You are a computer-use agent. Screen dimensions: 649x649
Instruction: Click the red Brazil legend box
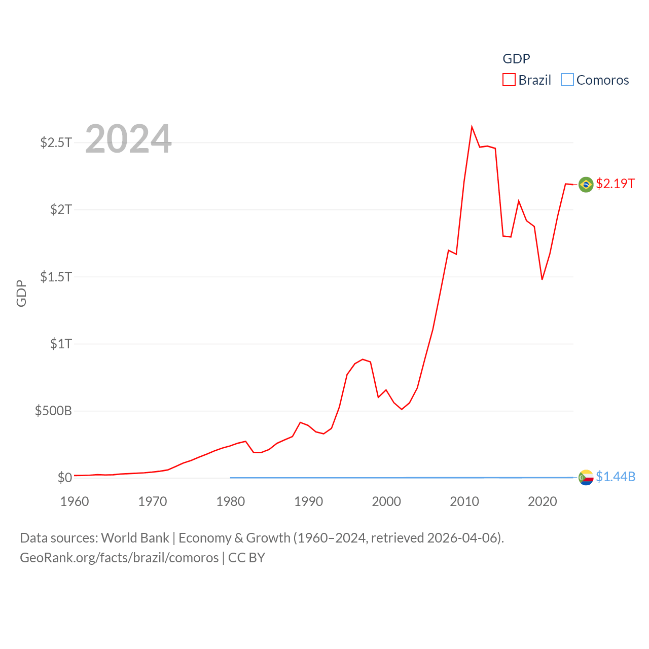point(509,80)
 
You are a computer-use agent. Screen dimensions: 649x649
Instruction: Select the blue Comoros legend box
point(567,80)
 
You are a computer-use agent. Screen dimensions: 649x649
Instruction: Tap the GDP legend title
point(516,59)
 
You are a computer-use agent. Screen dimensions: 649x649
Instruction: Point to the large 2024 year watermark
point(128,139)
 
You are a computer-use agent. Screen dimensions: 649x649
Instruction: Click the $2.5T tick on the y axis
point(56,142)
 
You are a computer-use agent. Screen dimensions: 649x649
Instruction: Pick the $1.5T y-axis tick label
point(56,277)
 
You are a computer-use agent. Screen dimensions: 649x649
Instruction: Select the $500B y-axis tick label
point(53,411)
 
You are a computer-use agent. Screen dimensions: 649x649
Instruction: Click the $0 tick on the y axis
point(65,478)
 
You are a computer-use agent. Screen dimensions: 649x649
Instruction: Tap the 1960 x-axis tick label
point(75,502)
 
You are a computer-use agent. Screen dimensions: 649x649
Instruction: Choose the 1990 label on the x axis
point(308,502)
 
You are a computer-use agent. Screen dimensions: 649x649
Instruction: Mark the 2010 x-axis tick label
point(464,502)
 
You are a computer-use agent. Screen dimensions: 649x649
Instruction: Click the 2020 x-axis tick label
point(543,502)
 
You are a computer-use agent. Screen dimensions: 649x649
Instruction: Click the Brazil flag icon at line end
point(586,185)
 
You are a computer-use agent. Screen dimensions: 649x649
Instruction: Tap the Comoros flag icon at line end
point(586,478)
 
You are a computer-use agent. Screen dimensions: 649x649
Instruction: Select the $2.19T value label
point(615,184)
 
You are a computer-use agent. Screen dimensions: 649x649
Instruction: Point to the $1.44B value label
point(616,477)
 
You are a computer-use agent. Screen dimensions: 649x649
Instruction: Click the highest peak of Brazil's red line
point(472,127)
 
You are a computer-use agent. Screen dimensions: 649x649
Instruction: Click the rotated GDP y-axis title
point(21,293)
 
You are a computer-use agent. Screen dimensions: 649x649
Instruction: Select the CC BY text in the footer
point(246,558)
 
